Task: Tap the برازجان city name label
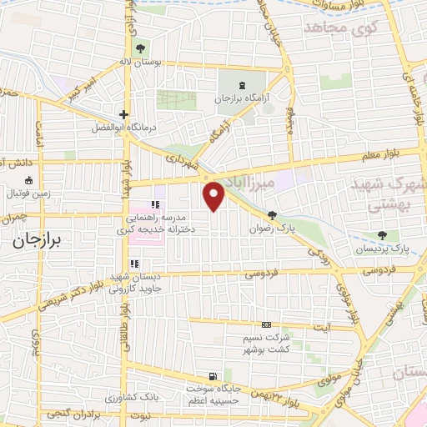(x=38, y=239)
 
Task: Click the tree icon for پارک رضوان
(x=273, y=215)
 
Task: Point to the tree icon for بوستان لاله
(x=138, y=48)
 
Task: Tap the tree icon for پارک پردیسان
(x=383, y=236)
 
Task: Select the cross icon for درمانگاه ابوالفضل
(x=123, y=115)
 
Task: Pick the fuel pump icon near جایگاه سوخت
(x=214, y=374)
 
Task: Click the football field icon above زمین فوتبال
(x=29, y=180)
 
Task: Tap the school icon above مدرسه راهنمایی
(x=154, y=204)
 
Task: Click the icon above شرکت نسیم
(x=266, y=324)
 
